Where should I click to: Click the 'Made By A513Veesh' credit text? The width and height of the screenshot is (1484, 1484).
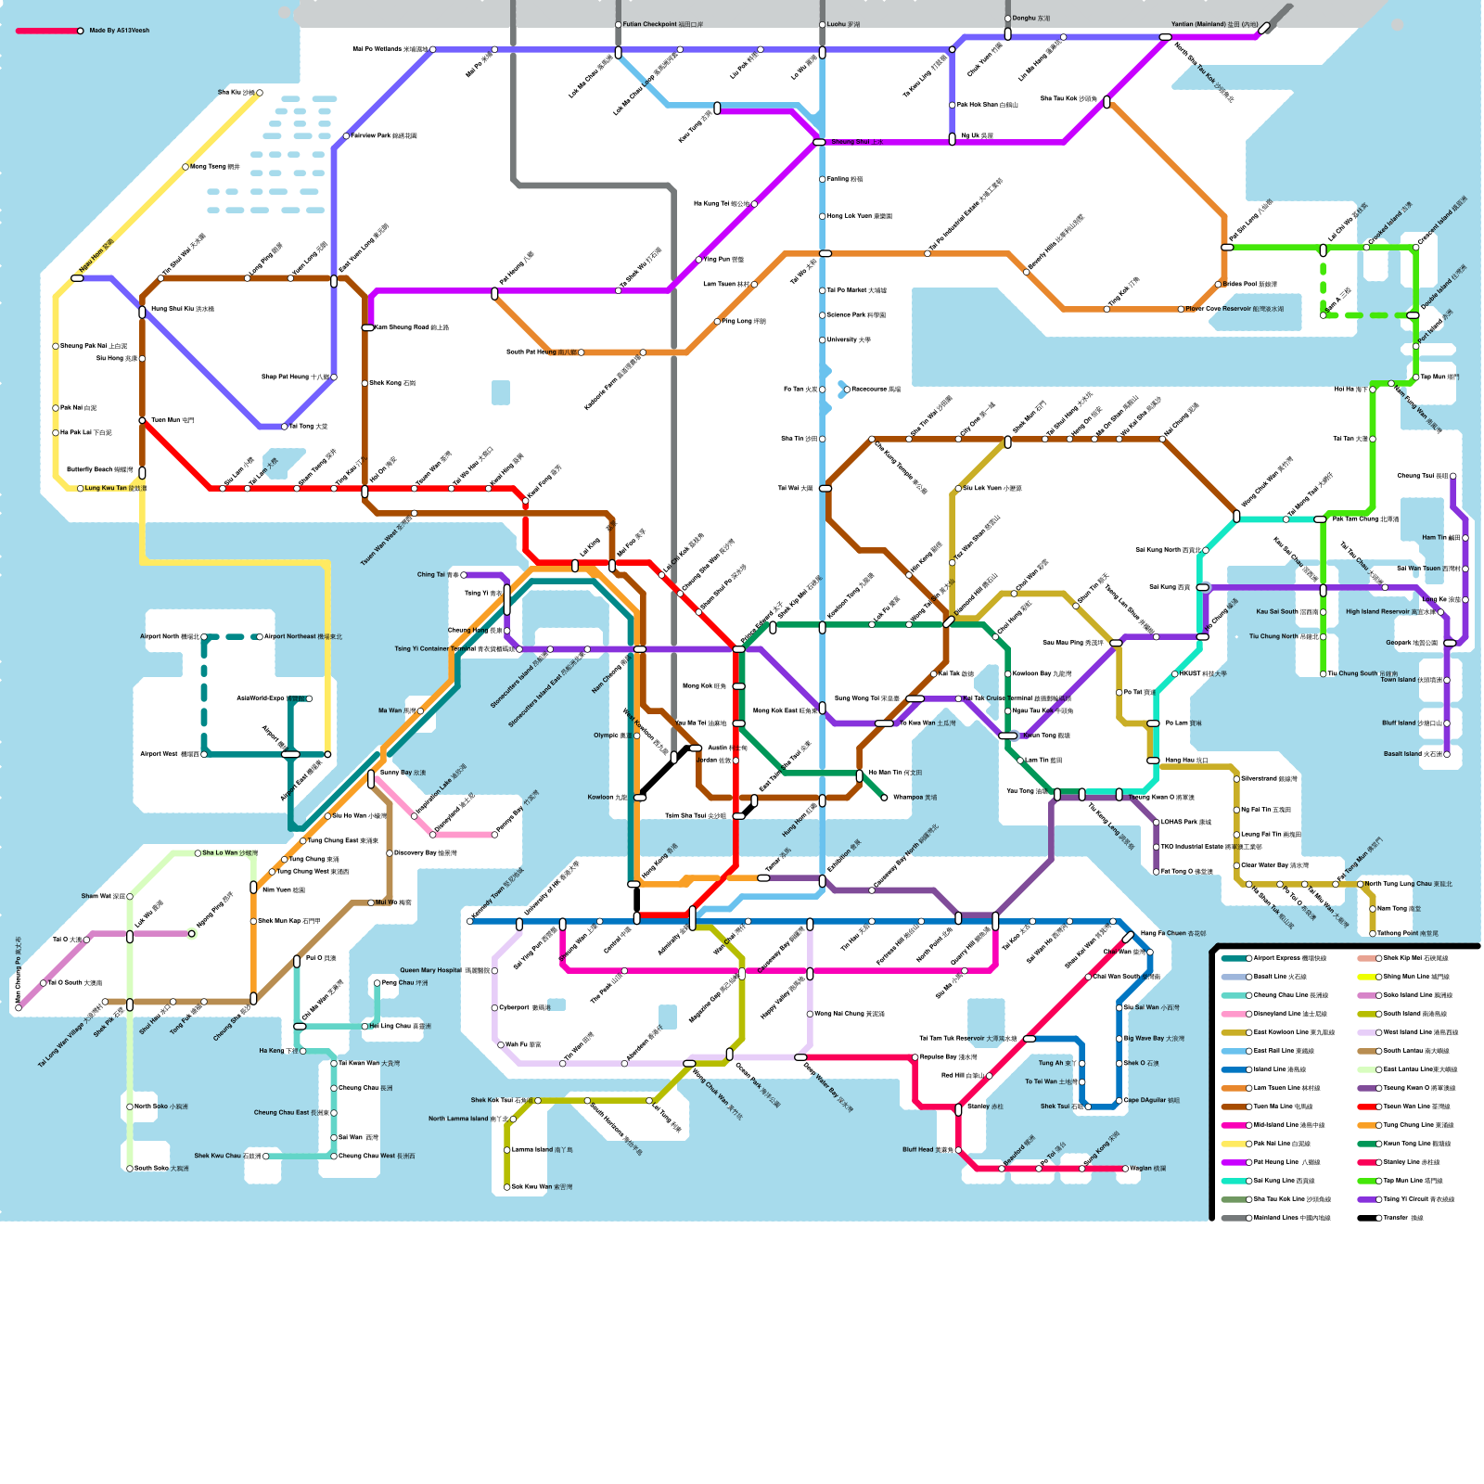coord(119,31)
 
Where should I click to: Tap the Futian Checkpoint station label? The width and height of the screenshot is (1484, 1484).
coord(662,24)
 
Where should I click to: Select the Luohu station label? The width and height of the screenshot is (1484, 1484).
coord(843,24)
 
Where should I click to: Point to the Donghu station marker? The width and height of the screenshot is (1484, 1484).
coord(1007,34)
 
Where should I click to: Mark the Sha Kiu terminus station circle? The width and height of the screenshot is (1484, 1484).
coord(260,93)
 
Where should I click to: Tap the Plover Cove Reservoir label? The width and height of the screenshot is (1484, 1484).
coord(1235,309)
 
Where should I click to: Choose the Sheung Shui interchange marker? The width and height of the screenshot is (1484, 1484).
coord(819,142)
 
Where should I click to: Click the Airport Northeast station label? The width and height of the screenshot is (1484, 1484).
coord(302,636)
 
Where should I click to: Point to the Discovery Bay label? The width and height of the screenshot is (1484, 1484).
coord(425,852)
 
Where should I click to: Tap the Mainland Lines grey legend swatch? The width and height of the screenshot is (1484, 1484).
coord(1235,1218)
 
